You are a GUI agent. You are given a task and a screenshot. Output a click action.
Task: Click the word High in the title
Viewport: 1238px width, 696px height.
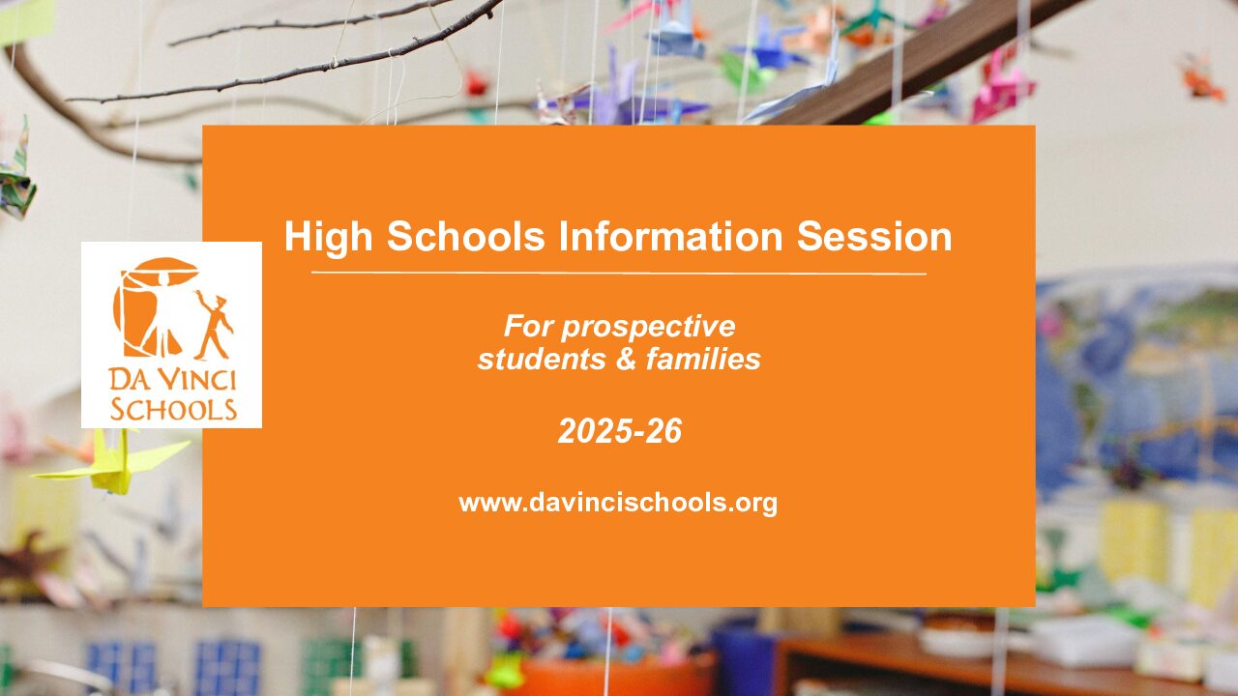coord(328,238)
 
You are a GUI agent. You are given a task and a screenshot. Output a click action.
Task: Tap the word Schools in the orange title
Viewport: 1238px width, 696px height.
coord(466,237)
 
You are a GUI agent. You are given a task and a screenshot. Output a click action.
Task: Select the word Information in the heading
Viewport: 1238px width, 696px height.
coord(670,237)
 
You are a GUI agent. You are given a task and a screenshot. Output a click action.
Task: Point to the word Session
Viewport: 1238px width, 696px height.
coord(873,237)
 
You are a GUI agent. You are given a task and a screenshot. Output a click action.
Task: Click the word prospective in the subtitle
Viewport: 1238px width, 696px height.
coord(648,328)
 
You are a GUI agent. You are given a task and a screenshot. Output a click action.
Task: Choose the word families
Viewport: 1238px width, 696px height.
coord(703,359)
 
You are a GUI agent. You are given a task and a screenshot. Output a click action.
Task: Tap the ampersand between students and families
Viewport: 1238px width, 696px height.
coord(626,359)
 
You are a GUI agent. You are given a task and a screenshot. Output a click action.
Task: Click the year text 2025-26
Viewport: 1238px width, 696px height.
coord(620,431)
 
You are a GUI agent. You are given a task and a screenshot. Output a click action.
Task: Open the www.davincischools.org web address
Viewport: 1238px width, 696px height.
coord(618,504)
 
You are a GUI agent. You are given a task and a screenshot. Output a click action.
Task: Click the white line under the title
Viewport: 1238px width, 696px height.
coord(618,273)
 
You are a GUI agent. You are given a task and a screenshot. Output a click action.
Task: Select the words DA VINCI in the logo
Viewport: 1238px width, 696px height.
coord(172,380)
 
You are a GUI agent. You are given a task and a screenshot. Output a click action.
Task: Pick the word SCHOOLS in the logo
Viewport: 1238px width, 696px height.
coord(173,409)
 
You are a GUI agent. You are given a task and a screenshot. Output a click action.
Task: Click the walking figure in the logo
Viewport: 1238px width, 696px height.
coord(214,326)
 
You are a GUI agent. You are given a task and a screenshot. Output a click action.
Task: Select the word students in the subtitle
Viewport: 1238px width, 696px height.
coord(541,359)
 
